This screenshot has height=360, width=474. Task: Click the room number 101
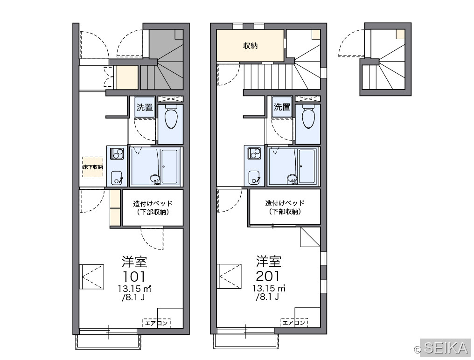pyautogui.click(x=134, y=277)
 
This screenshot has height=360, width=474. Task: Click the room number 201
pyautogui.click(x=268, y=276)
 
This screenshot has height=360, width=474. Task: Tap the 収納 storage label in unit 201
pyautogui.click(x=251, y=46)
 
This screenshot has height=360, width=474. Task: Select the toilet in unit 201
pyautogui.click(x=308, y=117)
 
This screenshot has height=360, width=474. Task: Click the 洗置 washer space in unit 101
pyautogui.click(x=145, y=107)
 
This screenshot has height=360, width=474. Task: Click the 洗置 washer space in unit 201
pyautogui.click(x=282, y=107)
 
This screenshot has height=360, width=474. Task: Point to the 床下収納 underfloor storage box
pyautogui.click(x=93, y=167)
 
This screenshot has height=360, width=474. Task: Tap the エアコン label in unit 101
pyautogui.click(x=156, y=323)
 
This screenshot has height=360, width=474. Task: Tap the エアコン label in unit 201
pyautogui.click(x=294, y=323)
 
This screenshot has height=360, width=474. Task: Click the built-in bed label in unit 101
pyautogui.click(x=153, y=208)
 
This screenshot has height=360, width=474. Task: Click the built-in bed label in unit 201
pyautogui.click(x=285, y=207)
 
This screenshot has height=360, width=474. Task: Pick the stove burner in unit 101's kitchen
pyautogui.click(x=117, y=153)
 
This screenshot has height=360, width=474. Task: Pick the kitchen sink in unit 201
pyautogui.click(x=254, y=177)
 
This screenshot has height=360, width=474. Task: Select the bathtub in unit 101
pyautogui.click(x=170, y=166)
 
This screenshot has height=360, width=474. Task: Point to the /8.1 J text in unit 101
pyautogui.click(x=133, y=298)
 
